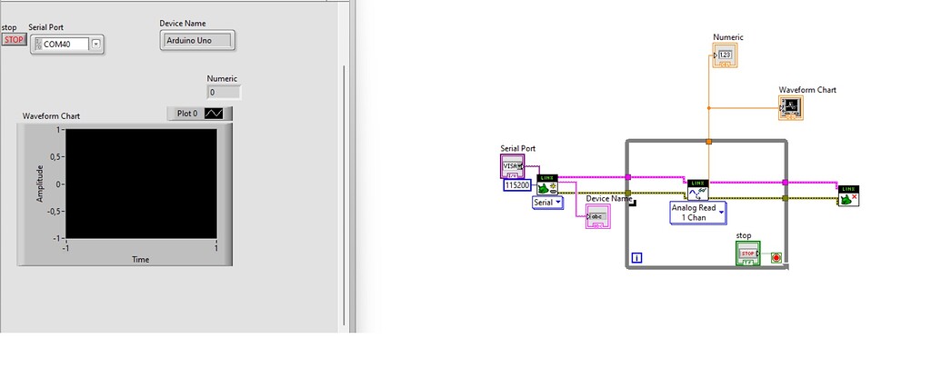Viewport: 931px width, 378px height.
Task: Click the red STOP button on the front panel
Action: click(x=14, y=40)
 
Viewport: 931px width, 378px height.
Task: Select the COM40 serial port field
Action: click(x=62, y=44)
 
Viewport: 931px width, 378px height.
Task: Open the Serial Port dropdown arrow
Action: click(x=96, y=44)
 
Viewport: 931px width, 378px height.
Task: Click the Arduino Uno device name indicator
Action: click(x=196, y=40)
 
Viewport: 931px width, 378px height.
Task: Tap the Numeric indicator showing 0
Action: click(x=224, y=92)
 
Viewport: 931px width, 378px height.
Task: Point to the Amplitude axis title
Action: click(x=39, y=184)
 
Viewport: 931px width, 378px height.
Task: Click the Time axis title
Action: click(x=141, y=260)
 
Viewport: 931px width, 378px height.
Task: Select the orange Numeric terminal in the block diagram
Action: click(x=726, y=56)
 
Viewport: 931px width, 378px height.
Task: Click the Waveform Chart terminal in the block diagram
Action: click(x=791, y=108)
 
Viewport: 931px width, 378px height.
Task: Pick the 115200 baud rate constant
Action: click(x=516, y=184)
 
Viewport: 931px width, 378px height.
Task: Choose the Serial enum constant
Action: click(x=547, y=203)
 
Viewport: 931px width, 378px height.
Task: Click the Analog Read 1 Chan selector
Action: click(x=698, y=213)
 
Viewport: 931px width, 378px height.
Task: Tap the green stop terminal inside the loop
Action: click(x=747, y=254)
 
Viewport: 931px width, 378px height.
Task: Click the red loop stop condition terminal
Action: click(x=775, y=258)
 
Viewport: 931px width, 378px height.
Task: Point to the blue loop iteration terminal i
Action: click(x=636, y=258)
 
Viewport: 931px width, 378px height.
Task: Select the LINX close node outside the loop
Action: click(x=848, y=194)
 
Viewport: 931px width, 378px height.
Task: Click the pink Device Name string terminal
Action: click(x=597, y=216)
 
